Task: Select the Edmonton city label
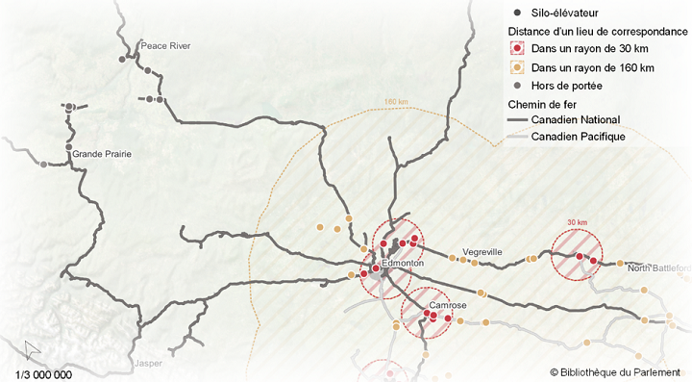pyautogui.click(x=403, y=263)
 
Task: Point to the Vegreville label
pyautogui.click(x=482, y=252)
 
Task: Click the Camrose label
pyautogui.click(x=448, y=306)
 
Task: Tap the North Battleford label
pyautogui.click(x=659, y=267)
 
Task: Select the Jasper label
pyautogui.click(x=149, y=365)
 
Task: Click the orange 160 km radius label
pyautogui.click(x=396, y=102)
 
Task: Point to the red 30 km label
pyautogui.click(x=576, y=222)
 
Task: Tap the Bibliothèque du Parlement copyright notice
pyautogui.click(x=615, y=371)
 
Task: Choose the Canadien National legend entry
pyautogui.click(x=576, y=120)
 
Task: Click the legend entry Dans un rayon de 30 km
pyautogui.click(x=589, y=49)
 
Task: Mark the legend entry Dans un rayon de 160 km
pyautogui.click(x=592, y=68)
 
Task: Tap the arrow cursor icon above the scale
pyautogui.click(x=32, y=349)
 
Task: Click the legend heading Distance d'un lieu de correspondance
pyautogui.click(x=597, y=31)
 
